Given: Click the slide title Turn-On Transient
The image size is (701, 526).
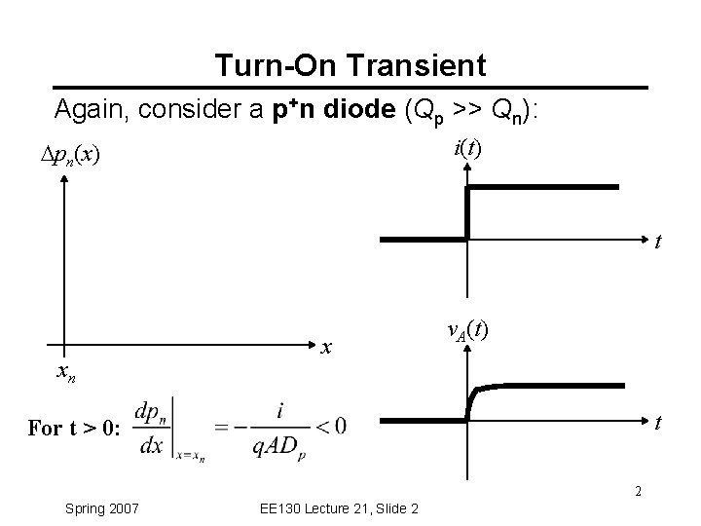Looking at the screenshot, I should [x=350, y=66].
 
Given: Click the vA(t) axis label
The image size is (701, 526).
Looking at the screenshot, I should [x=467, y=330].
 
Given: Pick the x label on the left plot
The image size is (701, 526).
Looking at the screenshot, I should [x=328, y=347].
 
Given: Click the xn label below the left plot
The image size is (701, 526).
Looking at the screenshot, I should [x=65, y=371].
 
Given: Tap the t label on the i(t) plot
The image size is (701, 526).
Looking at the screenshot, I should [x=659, y=243].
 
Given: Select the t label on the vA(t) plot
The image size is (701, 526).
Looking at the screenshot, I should [x=659, y=424].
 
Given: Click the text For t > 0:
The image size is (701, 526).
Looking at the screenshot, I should [x=74, y=429].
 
